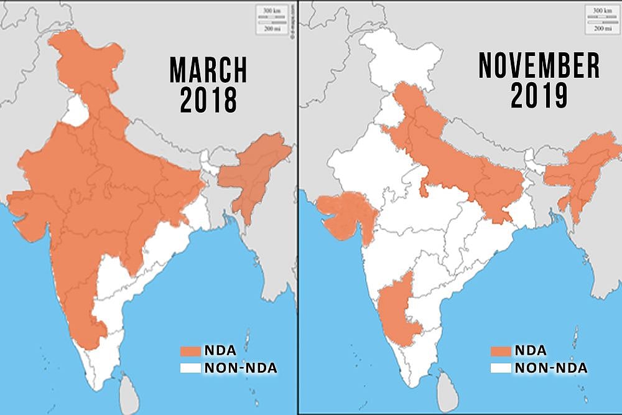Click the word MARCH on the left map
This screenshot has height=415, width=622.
[x=208, y=70]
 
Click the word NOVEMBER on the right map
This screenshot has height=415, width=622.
[x=539, y=66]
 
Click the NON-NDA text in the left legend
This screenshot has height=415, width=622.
[x=241, y=368]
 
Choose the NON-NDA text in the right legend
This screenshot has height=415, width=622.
[x=550, y=368]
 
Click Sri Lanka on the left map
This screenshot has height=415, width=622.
[x=129, y=389]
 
